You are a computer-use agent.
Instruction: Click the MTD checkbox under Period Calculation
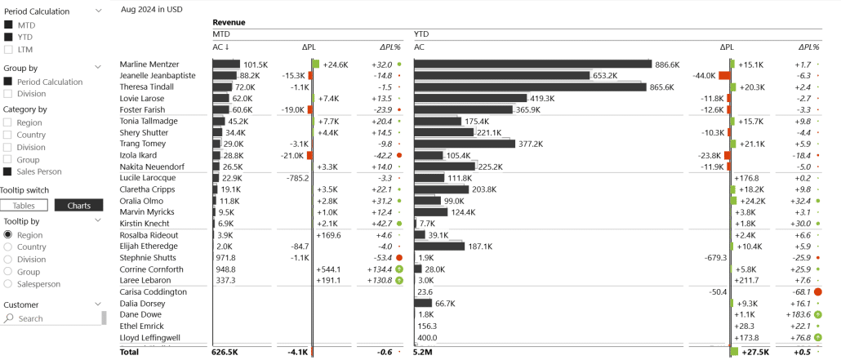[x=8, y=24]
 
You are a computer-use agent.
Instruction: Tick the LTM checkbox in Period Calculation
[x=8, y=49]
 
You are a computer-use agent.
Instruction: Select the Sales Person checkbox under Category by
[x=8, y=171]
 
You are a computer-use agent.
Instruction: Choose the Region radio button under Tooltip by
[x=8, y=235]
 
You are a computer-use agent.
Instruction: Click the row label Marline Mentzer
[x=149, y=64]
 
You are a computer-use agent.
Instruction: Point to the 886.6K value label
[x=667, y=64]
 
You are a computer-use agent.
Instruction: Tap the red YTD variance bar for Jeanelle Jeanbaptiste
[x=723, y=76]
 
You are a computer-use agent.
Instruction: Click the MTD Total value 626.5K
[x=224, y=353]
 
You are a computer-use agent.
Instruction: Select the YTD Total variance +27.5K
[x=754, y=353]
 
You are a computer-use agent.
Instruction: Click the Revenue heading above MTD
[x=229, y=22]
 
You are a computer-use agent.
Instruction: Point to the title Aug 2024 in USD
[x=151, y=9]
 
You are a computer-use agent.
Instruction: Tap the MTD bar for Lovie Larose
[x=221, y=99]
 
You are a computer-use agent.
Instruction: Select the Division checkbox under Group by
[x=8, y=94]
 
